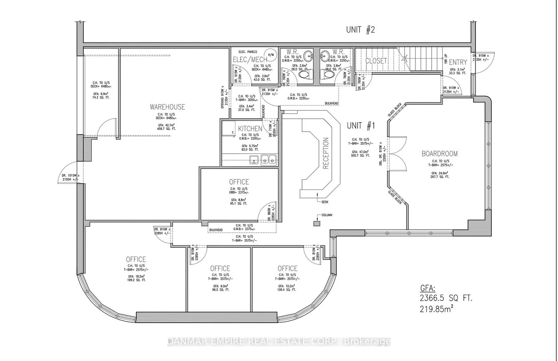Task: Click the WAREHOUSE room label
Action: tap(167, 107)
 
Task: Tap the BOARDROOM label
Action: tap(439, 154)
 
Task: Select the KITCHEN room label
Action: tap(250, 128)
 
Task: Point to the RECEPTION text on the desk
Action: tap(326, 153)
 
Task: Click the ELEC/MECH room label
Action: tap(250, 59)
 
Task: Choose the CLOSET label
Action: tap(376, 61)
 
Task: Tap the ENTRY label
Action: tap(458, 62)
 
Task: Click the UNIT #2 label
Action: tap(361, 30)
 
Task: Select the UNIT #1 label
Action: tap(361, 125)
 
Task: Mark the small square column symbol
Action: tap(317, 223)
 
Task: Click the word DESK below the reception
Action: tap(325, 202)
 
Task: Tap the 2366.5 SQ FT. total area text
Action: tap(446, 298)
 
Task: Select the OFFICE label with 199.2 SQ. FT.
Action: tap(136, 260)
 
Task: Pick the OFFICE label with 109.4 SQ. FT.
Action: tap(288, 268)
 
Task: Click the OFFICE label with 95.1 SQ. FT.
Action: tap(239, 182)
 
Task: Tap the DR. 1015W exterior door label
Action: tap(69, 176)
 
